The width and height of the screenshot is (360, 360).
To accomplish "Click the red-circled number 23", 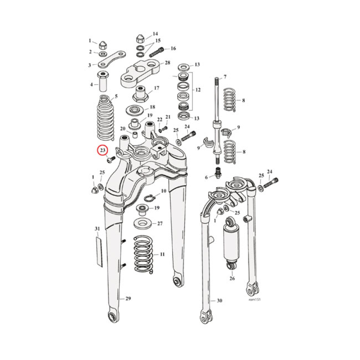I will (x=103, y=150).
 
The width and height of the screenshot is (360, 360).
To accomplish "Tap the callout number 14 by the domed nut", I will (x=155, y=34).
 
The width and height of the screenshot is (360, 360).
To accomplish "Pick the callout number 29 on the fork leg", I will (x=128, y=299).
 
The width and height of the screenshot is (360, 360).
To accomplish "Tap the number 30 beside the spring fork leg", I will (x=219, y=301).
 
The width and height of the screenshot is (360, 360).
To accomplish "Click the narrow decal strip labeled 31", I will (x=99, y=250).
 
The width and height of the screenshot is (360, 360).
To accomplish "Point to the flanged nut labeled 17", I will (x=139, y=94).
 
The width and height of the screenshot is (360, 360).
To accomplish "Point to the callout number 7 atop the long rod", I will (x=225, y=77).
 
